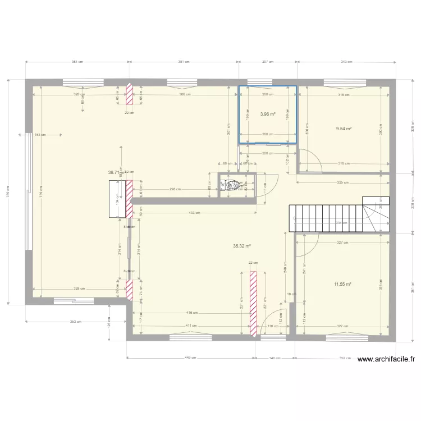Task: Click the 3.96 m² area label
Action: coord(268,114)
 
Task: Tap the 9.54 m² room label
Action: coord(344,129)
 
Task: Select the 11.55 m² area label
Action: coord(342,284)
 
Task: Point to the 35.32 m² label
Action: coord(241,246)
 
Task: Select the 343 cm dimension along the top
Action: coord(346,62)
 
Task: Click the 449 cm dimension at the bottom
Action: coord(190,357)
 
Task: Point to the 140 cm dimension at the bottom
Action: coord(274,357)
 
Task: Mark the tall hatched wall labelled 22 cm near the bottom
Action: coord(253,304)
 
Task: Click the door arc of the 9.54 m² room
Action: coord(310,161)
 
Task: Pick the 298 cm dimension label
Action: coord(175,189)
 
